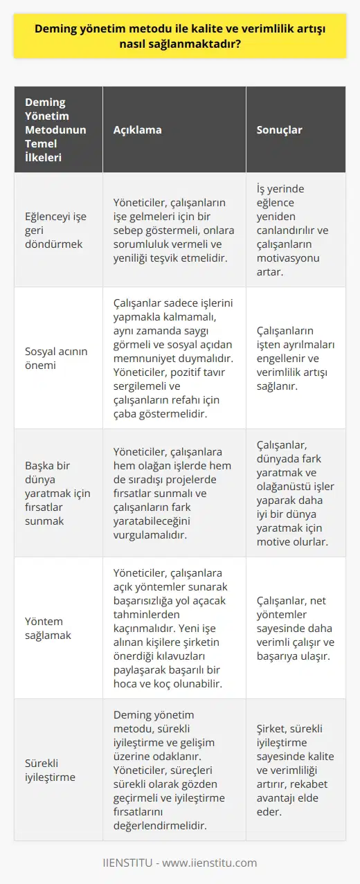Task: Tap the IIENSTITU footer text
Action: click(180, 863)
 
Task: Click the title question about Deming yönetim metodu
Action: click(180, 39)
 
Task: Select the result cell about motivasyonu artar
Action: click(295, 230)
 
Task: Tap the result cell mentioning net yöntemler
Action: click(295, 626)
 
